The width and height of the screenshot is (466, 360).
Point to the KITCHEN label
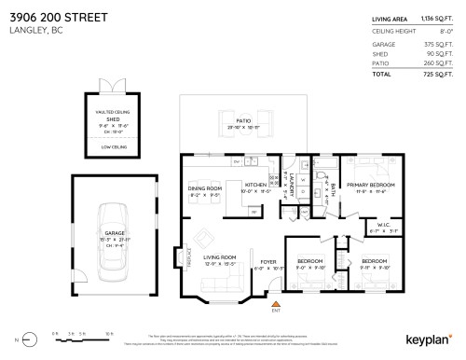pyautogui.click(x=255, y=185)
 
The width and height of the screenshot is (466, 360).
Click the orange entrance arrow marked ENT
pyautogui.click(x=274, y=305)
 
